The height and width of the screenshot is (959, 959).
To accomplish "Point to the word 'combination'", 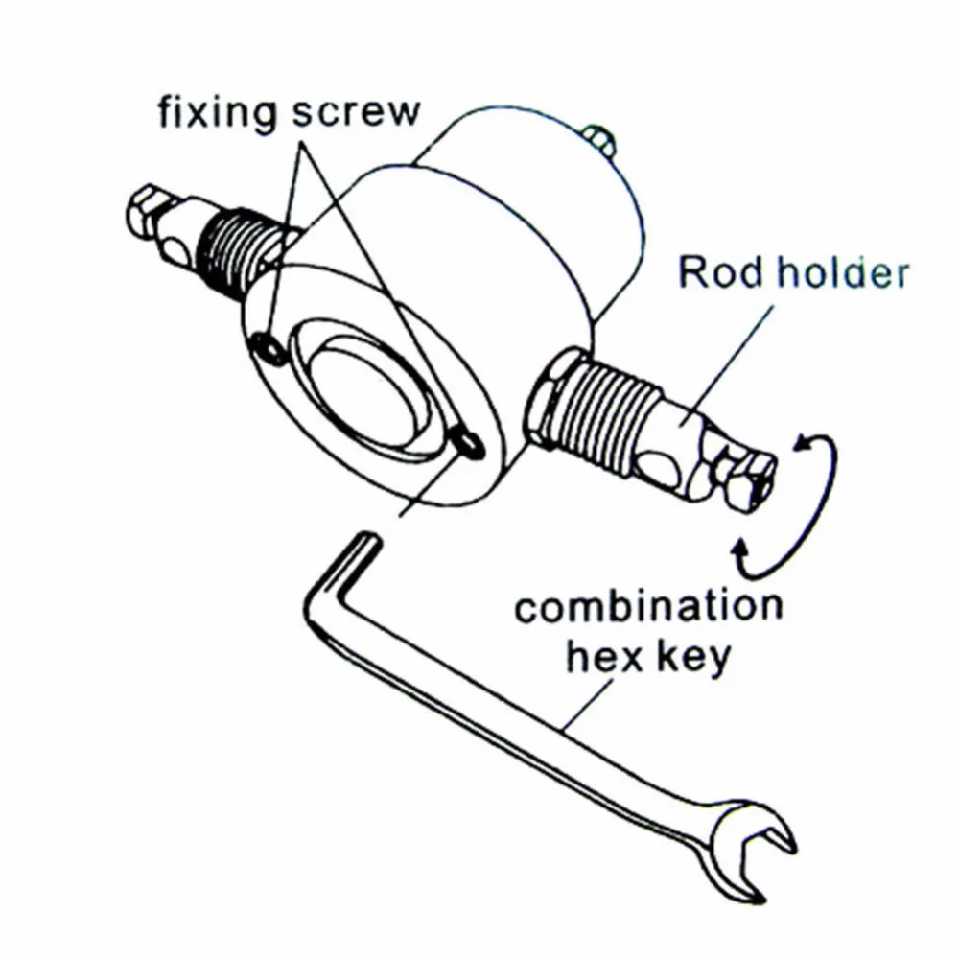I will tap(648, 609).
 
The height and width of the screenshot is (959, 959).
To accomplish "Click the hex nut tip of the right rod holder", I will tap(747, 479).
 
